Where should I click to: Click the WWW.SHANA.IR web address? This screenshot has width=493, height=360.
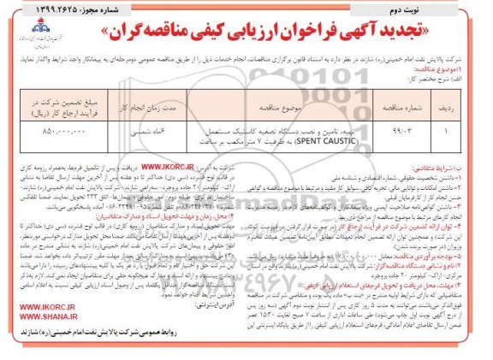[43, 336]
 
